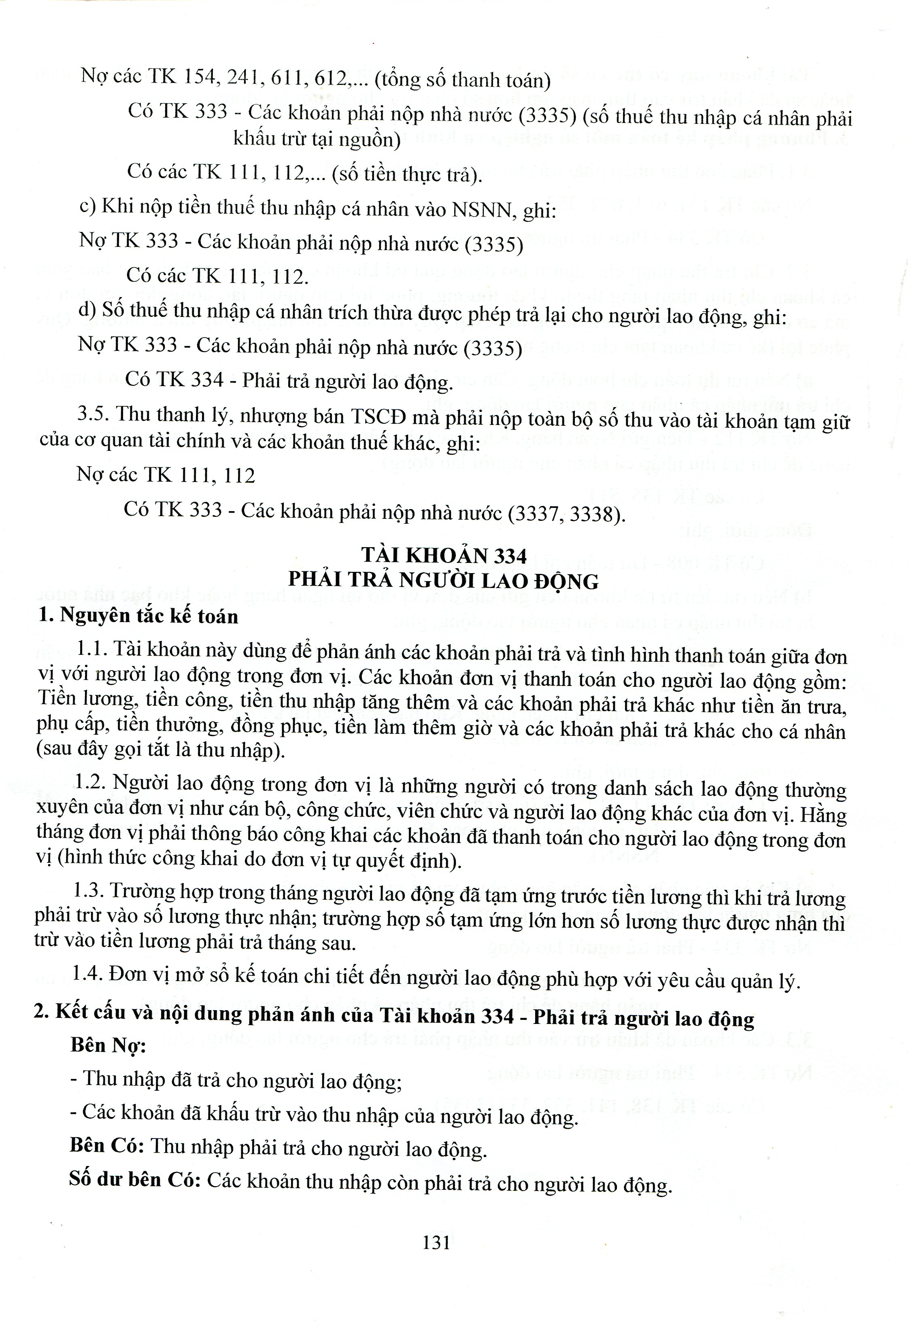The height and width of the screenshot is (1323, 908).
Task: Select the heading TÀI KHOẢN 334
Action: tap(444, 555)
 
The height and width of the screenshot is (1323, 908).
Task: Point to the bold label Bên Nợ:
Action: tap(108, 1045)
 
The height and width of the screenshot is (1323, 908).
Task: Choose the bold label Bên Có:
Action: tap(106, 1145)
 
